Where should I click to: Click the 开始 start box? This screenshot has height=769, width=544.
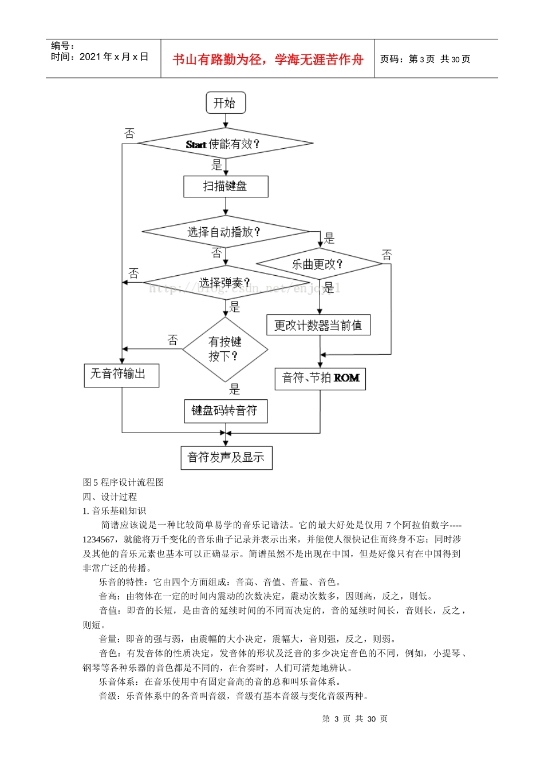tap(226, 103)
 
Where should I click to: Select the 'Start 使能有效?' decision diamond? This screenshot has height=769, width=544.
tap(225, 144)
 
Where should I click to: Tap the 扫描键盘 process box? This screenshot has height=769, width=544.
tap(226, 187)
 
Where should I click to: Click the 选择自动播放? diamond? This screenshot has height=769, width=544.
tap(225, 232)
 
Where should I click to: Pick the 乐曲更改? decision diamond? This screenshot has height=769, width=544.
tap(318, 264)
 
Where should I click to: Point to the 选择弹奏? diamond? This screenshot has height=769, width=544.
tap(226, 283)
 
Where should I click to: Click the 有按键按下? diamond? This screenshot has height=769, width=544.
tap(225, 349)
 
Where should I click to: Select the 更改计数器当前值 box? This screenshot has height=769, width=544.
tap(318, 326)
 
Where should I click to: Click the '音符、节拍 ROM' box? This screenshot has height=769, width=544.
tap(320, 378)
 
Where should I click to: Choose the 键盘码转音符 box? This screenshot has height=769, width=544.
tap(226, 411)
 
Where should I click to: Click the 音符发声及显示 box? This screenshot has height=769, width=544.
tap(226, 458)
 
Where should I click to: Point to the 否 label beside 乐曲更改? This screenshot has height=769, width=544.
tap(387, 255)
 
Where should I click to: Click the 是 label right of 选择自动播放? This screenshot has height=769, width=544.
tap(329, 238)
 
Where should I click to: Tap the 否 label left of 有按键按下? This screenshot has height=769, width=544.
tap(172, 340)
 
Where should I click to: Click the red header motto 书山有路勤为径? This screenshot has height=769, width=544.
tap(268, 60)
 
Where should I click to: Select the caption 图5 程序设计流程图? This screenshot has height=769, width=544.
tap(124, 482)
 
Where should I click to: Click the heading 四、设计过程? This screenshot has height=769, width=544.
tap(110, 497)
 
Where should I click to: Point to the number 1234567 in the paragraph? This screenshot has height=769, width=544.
tap(98, 539)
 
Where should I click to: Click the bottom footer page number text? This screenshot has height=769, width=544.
tap(354, 719)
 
